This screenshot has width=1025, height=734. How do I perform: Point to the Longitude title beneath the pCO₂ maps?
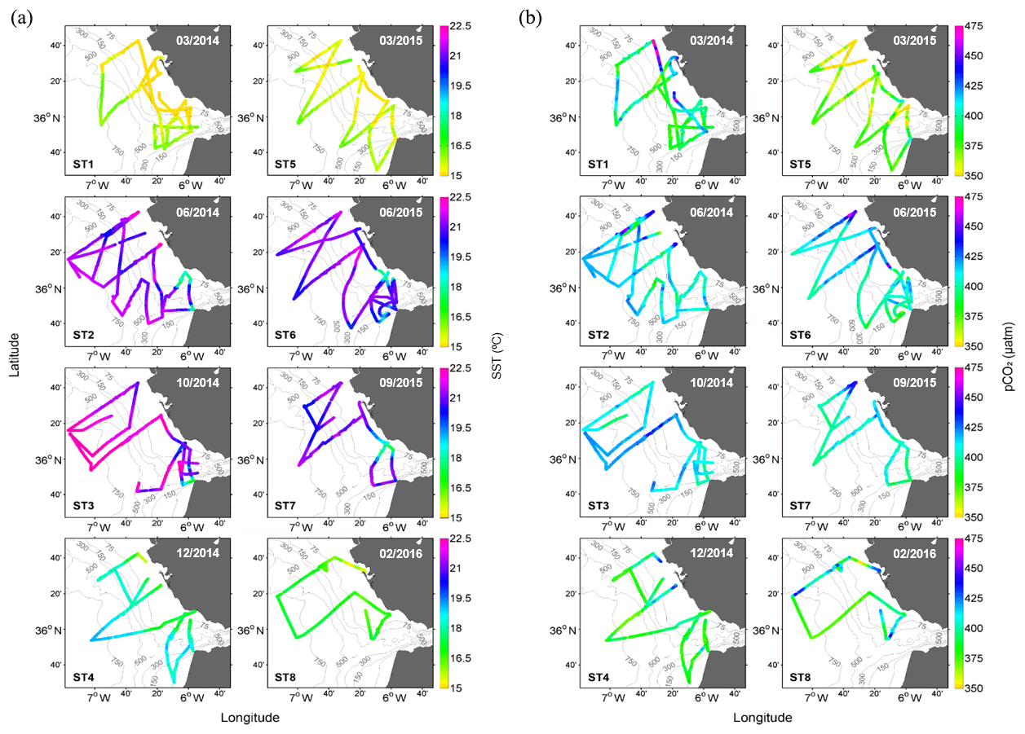(x=762, y=718)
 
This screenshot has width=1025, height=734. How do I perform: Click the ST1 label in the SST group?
(x=82, y=164)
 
